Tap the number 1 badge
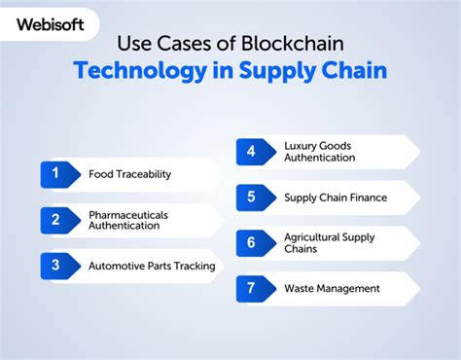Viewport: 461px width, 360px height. (x=57, y=174)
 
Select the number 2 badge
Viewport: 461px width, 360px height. (x=57, y=219)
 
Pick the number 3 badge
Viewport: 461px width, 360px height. (x=57, y=265)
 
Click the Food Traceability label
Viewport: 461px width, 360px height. (x=129, y=174)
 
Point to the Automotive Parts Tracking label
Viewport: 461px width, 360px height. (x=151, y=265)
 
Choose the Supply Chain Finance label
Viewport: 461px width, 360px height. (x=335, y=198)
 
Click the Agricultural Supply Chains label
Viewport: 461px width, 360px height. (x=329, y=242)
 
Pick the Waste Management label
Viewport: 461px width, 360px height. (x=332, y=288)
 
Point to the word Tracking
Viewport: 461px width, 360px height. (x=194, y=265)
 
